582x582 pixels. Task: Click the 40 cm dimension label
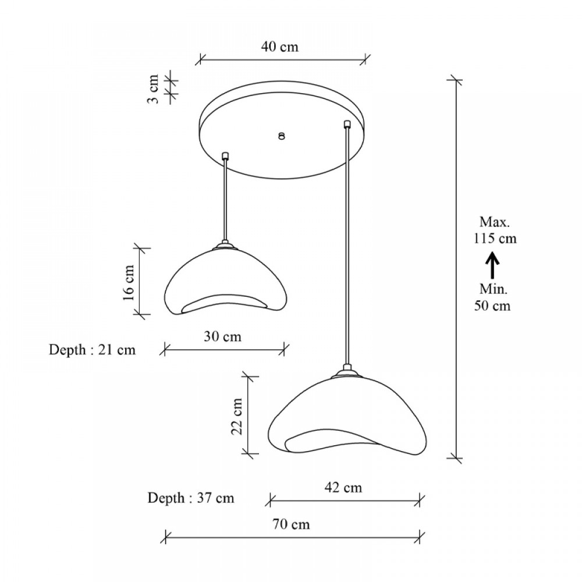(x=279, y=47)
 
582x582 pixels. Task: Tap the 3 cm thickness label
(x=153, y=88)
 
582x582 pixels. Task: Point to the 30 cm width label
(x=222, y=336)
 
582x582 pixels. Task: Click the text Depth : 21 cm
(x=92, y=350)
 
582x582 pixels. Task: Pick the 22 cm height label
(x=237, y=416)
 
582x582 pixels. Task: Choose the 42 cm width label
(x=343, y=487)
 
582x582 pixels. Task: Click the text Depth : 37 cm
(x=190, y=498)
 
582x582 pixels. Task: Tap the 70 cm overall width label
(x=292, y=524)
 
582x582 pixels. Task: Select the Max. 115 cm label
(x=495, y=230)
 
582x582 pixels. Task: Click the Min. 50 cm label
(x=492, y=297)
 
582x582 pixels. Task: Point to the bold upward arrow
(x=492, y=265)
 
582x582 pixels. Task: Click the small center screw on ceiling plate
(x=281, y=136)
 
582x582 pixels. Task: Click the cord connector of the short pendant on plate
(x=226, y=156)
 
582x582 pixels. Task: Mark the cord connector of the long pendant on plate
(x=347, y=123)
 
